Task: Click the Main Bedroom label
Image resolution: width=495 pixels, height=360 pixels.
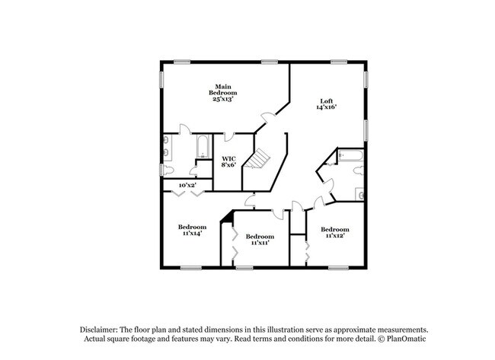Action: coord(222,92)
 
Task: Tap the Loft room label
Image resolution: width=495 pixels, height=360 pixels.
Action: coord(326,104)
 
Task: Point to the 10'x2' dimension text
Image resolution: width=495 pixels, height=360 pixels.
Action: coord(188,185)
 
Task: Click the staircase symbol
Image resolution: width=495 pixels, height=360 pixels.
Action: coord(260,159)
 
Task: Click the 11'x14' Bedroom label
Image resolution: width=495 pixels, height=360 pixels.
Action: coord(191,230)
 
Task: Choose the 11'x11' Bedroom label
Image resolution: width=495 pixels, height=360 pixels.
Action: coord(260,240)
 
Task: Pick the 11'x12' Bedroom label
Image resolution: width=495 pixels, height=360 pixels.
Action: coord(334,233)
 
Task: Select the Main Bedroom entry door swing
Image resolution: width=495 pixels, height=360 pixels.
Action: coord(266,118)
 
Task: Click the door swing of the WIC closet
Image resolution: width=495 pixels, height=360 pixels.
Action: coord(229,138)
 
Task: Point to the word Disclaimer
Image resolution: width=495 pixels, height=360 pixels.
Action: coord(103,329)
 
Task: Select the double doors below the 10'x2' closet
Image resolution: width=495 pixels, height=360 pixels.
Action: coord(188,195)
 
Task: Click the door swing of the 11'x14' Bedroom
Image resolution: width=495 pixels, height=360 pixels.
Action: coord(249,199)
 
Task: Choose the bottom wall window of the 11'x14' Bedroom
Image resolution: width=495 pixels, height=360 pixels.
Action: coord(190,267)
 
